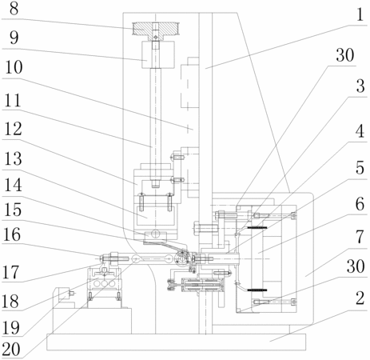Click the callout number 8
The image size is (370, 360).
(14, 9)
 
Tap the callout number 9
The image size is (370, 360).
(14, 38)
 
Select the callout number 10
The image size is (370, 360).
(14, 67)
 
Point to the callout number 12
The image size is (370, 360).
(13, 129)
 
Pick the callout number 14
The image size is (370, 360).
(13, 185)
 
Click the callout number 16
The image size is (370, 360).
(12, 235)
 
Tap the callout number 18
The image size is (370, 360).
(10, 302)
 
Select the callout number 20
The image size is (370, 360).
(11, 350)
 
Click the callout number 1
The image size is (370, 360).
(360, 14)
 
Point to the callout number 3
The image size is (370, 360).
(360, 86)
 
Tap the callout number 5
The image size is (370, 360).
(360, 168)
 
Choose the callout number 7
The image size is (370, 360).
(360, 237)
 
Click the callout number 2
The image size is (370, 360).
(360, 298)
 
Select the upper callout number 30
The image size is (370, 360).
(345, 55)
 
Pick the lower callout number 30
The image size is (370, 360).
(356, 266)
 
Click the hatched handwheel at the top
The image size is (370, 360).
(156, 29)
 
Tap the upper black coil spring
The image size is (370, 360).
(257, 227)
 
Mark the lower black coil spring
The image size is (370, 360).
(257, 290)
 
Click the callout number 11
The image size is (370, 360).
(12, 101)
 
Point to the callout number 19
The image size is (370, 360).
(11, 327)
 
